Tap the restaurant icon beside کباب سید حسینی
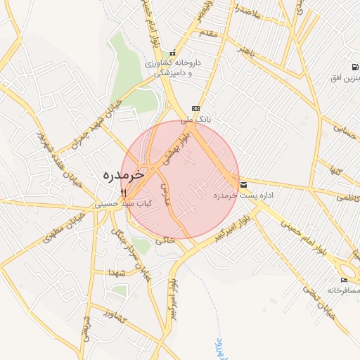click(x=123, y=192)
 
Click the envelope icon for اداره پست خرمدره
click(x=244, y=185)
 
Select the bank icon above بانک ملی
click(x=195, y=109)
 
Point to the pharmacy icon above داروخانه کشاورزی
click(x=173, y=53)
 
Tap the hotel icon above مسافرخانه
click(x=344, y=280)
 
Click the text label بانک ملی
click(x=196, y=120)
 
